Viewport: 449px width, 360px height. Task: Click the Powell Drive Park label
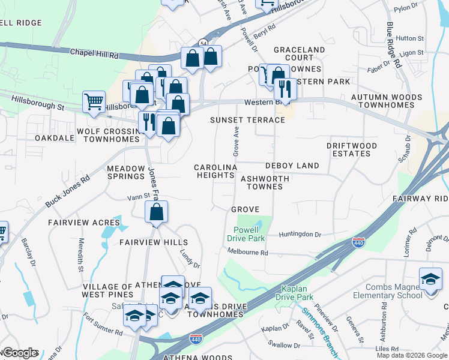point(246,234)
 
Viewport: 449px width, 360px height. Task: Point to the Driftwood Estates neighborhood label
point(352,149)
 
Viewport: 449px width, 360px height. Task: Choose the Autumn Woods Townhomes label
point(387,101)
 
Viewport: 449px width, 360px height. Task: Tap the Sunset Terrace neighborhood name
point(247,120)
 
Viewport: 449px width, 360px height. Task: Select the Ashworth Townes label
point(265,182)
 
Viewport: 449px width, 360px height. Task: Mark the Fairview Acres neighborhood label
point(77,223)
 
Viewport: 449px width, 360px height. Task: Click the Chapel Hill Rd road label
point(94,53)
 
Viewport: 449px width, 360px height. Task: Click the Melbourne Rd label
point(247,253)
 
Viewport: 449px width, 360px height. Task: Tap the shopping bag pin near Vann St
point(156,212)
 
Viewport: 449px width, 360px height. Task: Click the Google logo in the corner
point(20,353)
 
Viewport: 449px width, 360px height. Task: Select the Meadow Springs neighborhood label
point(126,172)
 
